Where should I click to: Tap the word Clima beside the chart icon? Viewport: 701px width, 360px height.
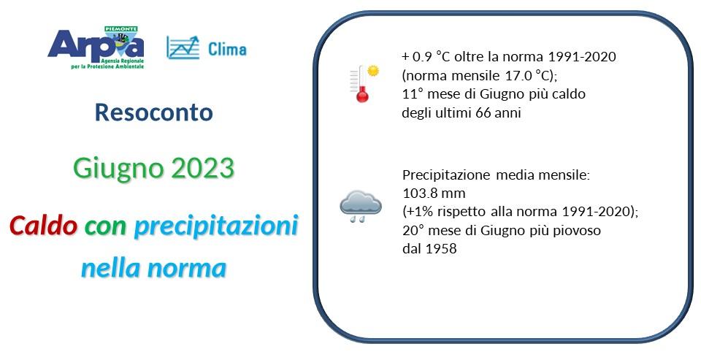point(227,50)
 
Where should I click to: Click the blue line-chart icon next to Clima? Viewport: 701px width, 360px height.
point(183,47)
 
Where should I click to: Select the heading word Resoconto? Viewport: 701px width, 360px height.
point(154,112)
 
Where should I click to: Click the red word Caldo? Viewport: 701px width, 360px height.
point(43,226)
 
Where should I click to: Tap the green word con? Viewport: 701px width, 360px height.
point(105,226)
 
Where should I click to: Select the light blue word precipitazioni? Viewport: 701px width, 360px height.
point(215,226)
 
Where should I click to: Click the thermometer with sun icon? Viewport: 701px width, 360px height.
point(363,83)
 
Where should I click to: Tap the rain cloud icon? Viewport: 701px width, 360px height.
point(360,206)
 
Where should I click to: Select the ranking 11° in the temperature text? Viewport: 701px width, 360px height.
point(410,94)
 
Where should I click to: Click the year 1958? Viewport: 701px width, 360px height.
point(441,249)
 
